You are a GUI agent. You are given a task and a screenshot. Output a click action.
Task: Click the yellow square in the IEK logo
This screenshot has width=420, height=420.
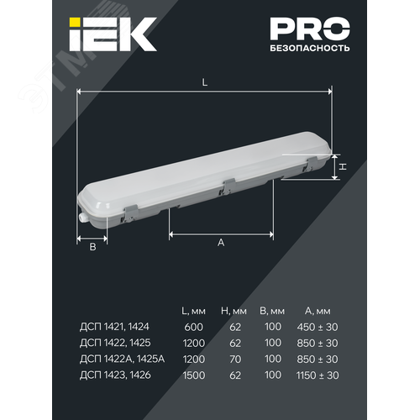point(75,23)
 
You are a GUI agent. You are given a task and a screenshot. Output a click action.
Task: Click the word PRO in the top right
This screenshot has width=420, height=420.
point(310,29)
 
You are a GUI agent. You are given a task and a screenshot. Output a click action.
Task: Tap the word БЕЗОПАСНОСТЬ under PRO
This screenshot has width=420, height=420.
point(310,48)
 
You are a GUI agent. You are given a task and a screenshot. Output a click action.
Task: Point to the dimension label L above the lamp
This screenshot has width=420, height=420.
point(205,82)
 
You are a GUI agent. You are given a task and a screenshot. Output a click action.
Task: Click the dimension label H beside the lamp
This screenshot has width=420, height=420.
point(343,166)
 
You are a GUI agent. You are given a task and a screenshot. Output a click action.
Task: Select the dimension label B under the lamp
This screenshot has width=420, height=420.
point(92,247)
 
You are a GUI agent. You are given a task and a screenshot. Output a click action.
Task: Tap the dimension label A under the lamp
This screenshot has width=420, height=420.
point(221,243)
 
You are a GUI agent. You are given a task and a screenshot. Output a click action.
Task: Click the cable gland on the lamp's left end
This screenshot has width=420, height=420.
point(82,217)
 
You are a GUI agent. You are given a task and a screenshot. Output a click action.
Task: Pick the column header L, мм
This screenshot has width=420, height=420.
point(193,311)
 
